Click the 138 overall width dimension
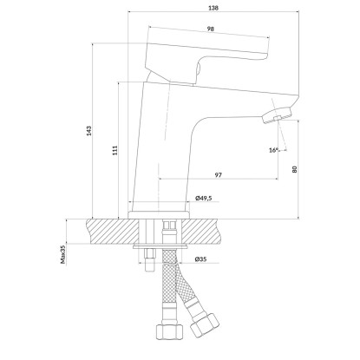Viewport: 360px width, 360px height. pyautogui.click(x=213, y=8)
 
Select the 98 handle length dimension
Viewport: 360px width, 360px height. pyautogui.click(x=211, y=29)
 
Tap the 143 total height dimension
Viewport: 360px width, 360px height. pyautogui.click(x=89, y=131)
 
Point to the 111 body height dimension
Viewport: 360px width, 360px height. pyautogui.click(x=115, y=150)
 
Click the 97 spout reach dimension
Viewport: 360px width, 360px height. pyautogui.click(x=219, y=175)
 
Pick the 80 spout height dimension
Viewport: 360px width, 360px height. pyautogui.click(x=295, y=169)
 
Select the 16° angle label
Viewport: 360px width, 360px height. pyautogui.click(x=273, y=150)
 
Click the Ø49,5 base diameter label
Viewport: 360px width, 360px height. pyautogui.click(x=204, y=198)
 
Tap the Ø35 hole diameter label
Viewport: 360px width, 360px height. pyautogui.click(x=200, y=259)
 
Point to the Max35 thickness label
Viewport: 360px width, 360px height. pyautogui.click(x=63, y=255)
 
